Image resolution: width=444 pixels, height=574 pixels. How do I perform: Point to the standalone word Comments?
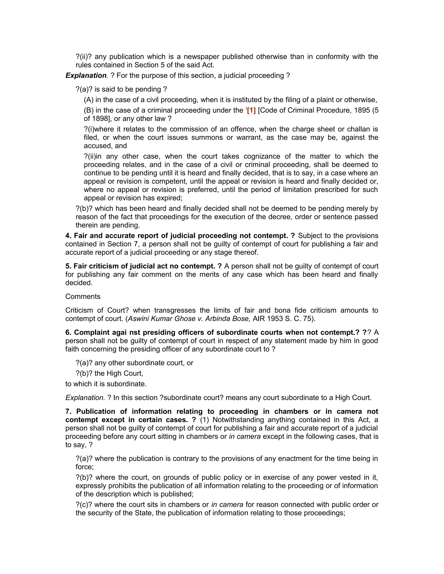[83, 297]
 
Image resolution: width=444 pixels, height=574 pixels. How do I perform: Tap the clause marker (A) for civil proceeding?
[89, 100]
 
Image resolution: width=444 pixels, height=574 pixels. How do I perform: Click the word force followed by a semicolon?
[84, 467]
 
